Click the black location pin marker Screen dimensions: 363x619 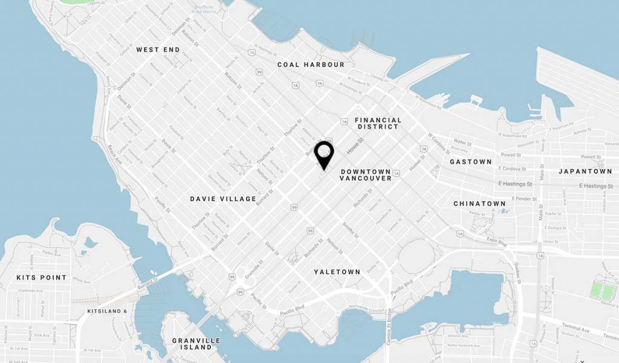click(325, 154)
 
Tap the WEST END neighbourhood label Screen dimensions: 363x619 click(158, 50)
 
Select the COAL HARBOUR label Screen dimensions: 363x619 click(311, 65)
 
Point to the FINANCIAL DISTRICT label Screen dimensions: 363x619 click(377, 123)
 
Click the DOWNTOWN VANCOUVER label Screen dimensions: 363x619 click(366, 175)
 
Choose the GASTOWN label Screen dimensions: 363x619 click(471, 162)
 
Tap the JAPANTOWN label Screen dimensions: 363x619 click(585, 172)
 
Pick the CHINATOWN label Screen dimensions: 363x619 click(480, 204)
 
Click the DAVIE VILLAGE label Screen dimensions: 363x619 click(222, 199)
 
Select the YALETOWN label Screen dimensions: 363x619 click(337, 272)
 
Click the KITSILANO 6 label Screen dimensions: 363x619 click(108, 311)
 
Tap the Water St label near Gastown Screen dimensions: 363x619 click(462, 143)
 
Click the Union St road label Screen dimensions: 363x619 click(551, 243)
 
